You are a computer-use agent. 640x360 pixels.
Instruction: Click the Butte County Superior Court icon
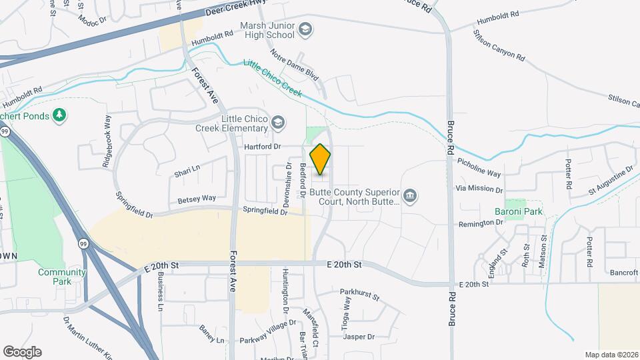point(411,195)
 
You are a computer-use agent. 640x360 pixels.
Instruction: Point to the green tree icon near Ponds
point(59,115)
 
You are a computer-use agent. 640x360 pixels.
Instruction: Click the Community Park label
point(62,277)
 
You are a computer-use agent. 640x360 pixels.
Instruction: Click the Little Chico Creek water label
point(273,78)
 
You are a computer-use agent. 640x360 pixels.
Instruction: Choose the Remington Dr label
point(479,224)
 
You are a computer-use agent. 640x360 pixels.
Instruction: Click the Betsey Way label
point(197,198)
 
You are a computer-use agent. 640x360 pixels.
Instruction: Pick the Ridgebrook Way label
point(107,139)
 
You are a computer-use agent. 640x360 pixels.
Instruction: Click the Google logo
point(22,351)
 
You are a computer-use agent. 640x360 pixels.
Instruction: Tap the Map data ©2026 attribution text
point(611,355)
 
